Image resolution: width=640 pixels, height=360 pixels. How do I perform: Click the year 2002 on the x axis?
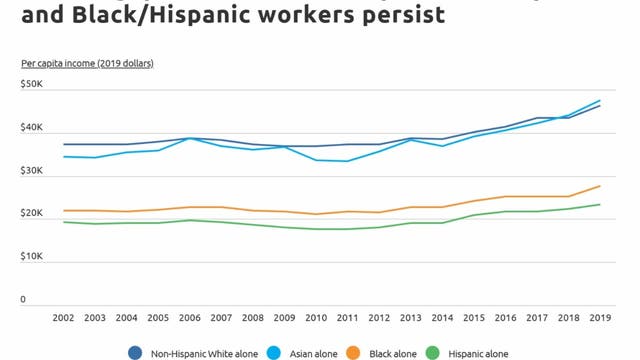(x=64, y=317)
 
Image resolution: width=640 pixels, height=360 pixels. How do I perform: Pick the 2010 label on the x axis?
(x=317, y=317)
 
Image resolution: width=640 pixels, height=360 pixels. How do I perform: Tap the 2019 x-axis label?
(x=601, y=317)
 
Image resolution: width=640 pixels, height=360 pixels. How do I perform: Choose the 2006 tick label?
(x=190, y=317)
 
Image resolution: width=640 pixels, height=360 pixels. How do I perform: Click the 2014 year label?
(x=443, y=317)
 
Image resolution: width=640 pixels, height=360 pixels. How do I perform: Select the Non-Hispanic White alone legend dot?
(x=135, y=351)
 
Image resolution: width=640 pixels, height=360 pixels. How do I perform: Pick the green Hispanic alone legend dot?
(x=433, y=351)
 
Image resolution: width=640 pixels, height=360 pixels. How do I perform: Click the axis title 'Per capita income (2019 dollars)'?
(x=87, y=63)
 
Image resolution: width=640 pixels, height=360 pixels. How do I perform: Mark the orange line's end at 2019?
(x=601, y=186)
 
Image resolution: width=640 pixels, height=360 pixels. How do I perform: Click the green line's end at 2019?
(x=601, y=205)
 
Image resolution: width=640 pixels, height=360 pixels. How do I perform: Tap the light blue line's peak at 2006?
(x=190, y=138)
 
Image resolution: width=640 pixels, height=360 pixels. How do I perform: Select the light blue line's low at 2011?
(x=348, y=161)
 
